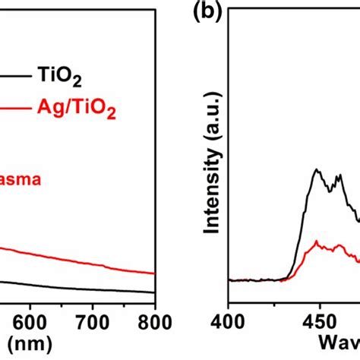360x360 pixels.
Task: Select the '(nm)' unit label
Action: point(26,346)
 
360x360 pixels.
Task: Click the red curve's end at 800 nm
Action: point(155,273)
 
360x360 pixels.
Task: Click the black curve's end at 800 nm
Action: point(155,292)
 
